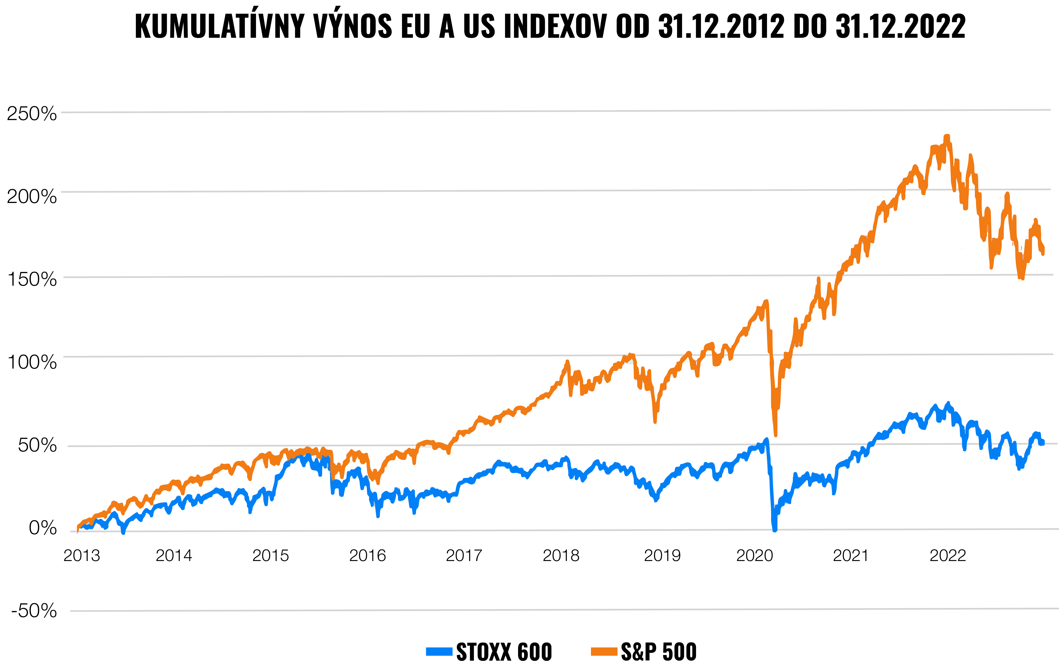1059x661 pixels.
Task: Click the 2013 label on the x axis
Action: pyautogui.click(x=82, y=556)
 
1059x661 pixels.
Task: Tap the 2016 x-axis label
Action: pyautogui.click(x=367, y=556)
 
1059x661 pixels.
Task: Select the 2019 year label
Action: pyautogui.click(x=662, y=556)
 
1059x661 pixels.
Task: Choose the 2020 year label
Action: pyautogui.click(x=754, y=556)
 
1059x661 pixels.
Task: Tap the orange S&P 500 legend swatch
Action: pyautogui.click(x=604, y=651)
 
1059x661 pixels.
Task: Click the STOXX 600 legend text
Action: pyautogui.click(x=504, y=651)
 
